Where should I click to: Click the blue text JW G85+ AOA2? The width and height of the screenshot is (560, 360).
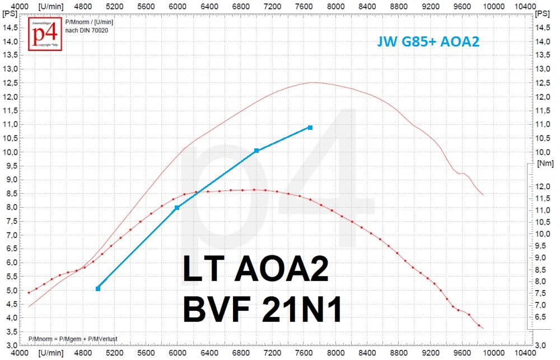pyautogui.click(x=428, y=41)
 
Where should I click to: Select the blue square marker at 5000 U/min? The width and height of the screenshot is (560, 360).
pyautogui.click(x=98, y=288)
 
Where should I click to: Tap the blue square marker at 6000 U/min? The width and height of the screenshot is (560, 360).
pyautogui.click(x=177, y=208)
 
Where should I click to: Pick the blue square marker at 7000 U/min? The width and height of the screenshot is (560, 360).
pyautogui.click(x=256, y=151)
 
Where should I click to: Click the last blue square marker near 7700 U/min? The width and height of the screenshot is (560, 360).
pyautogui.click(x=310, y=128)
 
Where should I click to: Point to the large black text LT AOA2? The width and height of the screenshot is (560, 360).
pyautogui.click(x=255, y=273)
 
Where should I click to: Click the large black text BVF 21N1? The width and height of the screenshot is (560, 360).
pyautogui.click(x=262, y=311)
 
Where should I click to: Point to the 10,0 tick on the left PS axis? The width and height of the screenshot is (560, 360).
pyautogui.click(x=10, y=152)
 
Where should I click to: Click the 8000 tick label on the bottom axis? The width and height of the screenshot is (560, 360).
pyautogui.click(x=335, y=354)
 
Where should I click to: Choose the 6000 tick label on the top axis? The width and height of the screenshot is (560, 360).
pyautogui.click(x=177, y=5)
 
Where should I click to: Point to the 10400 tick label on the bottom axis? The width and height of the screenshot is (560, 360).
pyautogui.click(x=525, y=354)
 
